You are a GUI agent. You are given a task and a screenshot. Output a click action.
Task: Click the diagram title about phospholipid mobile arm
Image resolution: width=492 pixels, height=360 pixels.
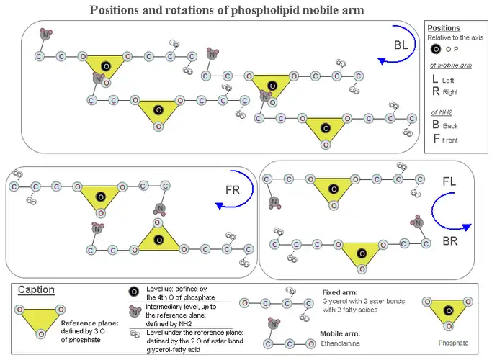click(x=226, y=10)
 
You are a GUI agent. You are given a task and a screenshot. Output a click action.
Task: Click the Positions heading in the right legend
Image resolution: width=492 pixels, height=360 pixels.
click(x=444, y=28)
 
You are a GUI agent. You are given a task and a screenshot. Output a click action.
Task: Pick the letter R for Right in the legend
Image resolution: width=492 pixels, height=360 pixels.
click(x=435, y=91)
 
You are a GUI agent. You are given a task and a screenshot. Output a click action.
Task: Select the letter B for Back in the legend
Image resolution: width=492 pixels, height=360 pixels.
click(x=436, y=125)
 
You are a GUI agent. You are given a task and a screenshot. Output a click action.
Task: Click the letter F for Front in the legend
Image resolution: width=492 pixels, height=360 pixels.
click(x=436, y=138)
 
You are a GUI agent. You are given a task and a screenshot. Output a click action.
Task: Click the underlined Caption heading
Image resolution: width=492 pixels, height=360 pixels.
click(x=37, y=289)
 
